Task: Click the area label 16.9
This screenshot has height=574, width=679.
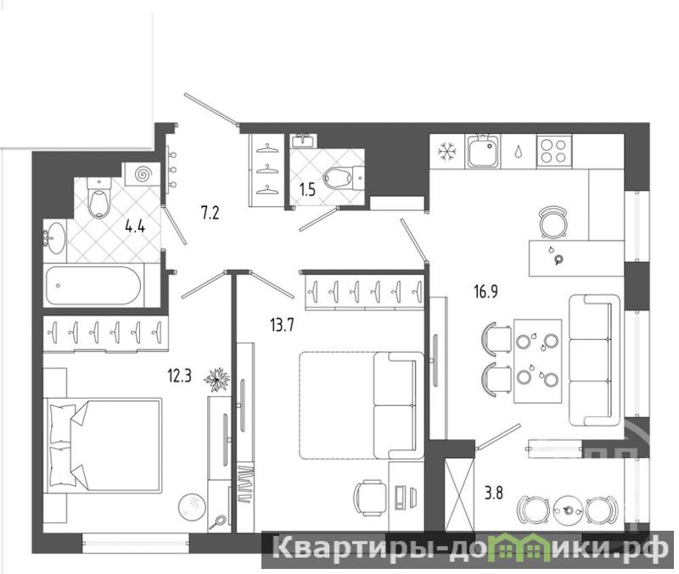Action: coord(485,292)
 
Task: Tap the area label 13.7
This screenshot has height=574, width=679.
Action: coord(282,325)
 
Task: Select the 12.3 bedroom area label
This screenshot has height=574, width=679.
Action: coord(179,376)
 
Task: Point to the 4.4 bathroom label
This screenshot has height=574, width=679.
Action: coord(135,226)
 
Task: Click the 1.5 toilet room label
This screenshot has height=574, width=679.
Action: coord(307,190)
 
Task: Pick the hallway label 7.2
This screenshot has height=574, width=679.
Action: coord(210,214)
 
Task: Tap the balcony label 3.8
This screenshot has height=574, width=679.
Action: coord(493,493)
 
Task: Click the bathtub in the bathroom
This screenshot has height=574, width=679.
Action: coord(93,286)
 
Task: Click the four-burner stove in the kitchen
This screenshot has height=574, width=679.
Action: coord(554,151)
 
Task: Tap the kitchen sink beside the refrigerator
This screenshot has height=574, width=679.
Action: coord(482,151)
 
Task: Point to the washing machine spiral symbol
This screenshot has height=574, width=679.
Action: coord(142,175)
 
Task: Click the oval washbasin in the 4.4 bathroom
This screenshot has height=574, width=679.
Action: coord(54,238)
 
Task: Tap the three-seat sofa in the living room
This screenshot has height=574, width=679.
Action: coord(594,360)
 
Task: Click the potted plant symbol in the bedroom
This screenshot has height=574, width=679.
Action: coord(216,380)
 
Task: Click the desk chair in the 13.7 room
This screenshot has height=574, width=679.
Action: coord(370,498)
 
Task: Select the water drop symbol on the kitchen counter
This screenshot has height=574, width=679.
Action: coord(519,152)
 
